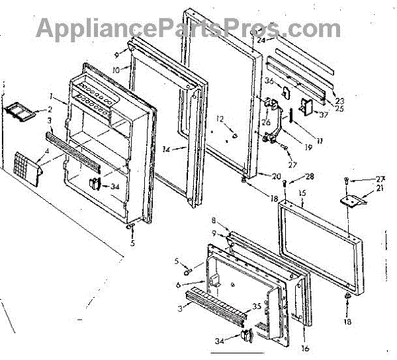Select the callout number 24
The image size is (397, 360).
click(261, 40)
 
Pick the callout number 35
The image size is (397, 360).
click(257, 307)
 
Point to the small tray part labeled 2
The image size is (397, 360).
click(21, 113)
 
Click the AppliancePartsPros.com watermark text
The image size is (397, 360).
click(188, 27)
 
